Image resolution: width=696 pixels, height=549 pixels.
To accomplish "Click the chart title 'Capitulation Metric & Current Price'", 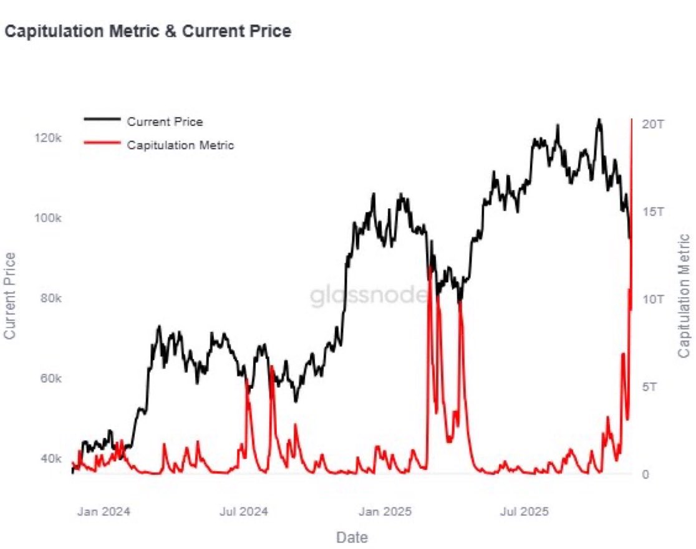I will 148,31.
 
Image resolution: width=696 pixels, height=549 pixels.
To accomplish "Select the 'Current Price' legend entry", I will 165,122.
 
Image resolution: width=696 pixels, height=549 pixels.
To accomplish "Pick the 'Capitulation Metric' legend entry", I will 180,145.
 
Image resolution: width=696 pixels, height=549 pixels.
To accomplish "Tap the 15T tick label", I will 653,211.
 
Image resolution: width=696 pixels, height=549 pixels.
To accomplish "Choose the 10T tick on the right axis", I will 653,299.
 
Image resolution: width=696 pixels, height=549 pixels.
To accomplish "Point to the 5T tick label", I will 650,386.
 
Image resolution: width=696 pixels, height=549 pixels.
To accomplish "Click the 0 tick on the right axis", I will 646,474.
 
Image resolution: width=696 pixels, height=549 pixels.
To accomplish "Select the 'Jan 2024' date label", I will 104,512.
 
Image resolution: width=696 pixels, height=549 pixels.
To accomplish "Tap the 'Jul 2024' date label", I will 244,512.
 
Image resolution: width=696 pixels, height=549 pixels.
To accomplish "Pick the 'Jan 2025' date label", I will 385,512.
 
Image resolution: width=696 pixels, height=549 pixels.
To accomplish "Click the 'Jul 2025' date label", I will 525,512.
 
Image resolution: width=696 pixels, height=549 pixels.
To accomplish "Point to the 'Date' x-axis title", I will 352,537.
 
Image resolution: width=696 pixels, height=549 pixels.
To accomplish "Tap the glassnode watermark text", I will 369,296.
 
